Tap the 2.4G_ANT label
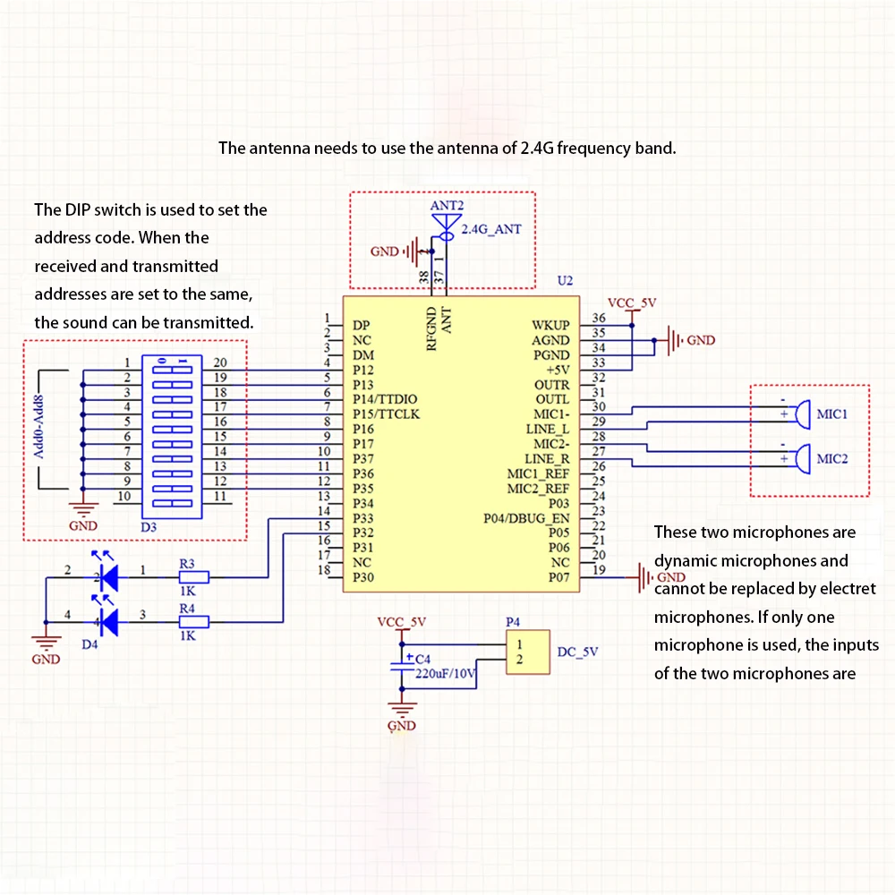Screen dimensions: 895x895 tap(490, 229)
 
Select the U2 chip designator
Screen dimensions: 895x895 tap(565, 280)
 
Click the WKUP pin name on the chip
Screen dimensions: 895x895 tap(550, 325)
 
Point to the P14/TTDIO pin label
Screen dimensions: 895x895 tap(385, 399)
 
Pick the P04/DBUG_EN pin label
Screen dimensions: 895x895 tap(526, 518)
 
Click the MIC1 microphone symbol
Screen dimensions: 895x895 tap(803, 414)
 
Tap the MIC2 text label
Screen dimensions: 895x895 tap(831, 459)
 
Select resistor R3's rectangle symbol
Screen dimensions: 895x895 tap(193, 577)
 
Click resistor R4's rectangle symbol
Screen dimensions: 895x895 tap(193, 622)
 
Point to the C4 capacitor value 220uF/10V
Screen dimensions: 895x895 tap(445, 674)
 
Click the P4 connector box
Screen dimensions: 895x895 tap(528, 652)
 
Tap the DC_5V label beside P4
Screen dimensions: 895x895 tap(577, 652)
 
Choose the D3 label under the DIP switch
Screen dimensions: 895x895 tap(149, 527)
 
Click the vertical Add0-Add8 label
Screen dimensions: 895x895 tap(38, 426)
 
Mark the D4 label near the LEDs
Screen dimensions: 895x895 tap(89, 644)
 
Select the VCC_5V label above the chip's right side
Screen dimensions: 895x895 tap(632, 303)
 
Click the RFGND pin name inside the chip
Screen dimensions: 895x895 tap(431, 328)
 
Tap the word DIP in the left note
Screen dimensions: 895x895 tap(77, 209)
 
